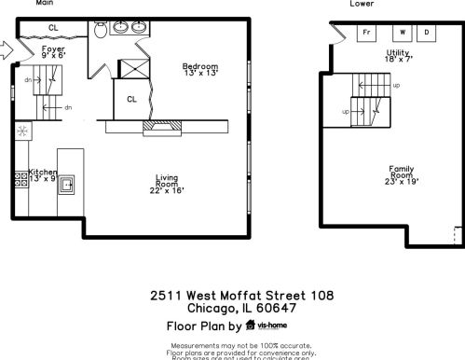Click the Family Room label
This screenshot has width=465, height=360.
[x=401, y=173]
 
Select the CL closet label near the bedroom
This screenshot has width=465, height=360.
[x=131, y=98]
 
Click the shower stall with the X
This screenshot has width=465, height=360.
[x=132, y=67]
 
